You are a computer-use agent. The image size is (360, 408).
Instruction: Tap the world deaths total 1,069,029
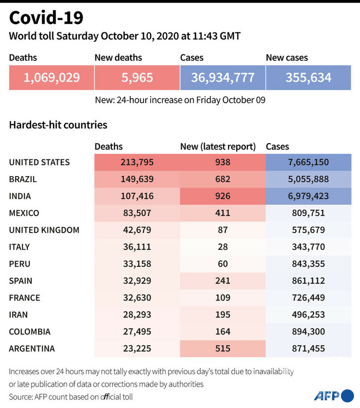(x=52, y=78)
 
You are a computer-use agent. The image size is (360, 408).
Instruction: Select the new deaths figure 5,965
(x=137, y=78)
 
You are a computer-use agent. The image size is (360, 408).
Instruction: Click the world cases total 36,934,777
(x=223, y=78)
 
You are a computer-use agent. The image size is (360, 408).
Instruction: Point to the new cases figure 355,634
(x=308, y=78)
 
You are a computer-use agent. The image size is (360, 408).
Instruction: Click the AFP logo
(x=333, y=395)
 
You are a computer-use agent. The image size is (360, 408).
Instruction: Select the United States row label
(x=39, y=162)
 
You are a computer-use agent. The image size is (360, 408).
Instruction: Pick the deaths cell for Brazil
(x=137, y=179)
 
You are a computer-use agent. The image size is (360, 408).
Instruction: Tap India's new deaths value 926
(x=223, y=196)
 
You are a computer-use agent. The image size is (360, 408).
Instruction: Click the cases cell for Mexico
(x=308, y=213)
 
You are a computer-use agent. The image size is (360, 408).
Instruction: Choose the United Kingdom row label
(x=44, y=230)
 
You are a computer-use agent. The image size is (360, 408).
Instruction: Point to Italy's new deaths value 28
(x=223, y=247)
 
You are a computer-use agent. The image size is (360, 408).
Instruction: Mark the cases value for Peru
(x=308, y=264)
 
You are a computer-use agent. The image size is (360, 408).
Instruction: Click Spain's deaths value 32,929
(x=137, y=281)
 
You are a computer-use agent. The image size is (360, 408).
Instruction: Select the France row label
(x=24, y=298)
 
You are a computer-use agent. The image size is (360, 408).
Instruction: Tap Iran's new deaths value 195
(x=223, y=315)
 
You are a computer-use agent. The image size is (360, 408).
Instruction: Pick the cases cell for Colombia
(x=308, y=331)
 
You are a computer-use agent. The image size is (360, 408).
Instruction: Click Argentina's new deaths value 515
(x=223, y=348)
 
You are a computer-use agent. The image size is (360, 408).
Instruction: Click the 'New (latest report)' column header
(x=218, y=146)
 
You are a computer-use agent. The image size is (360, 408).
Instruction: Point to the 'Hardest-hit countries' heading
(x=58, y=125)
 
